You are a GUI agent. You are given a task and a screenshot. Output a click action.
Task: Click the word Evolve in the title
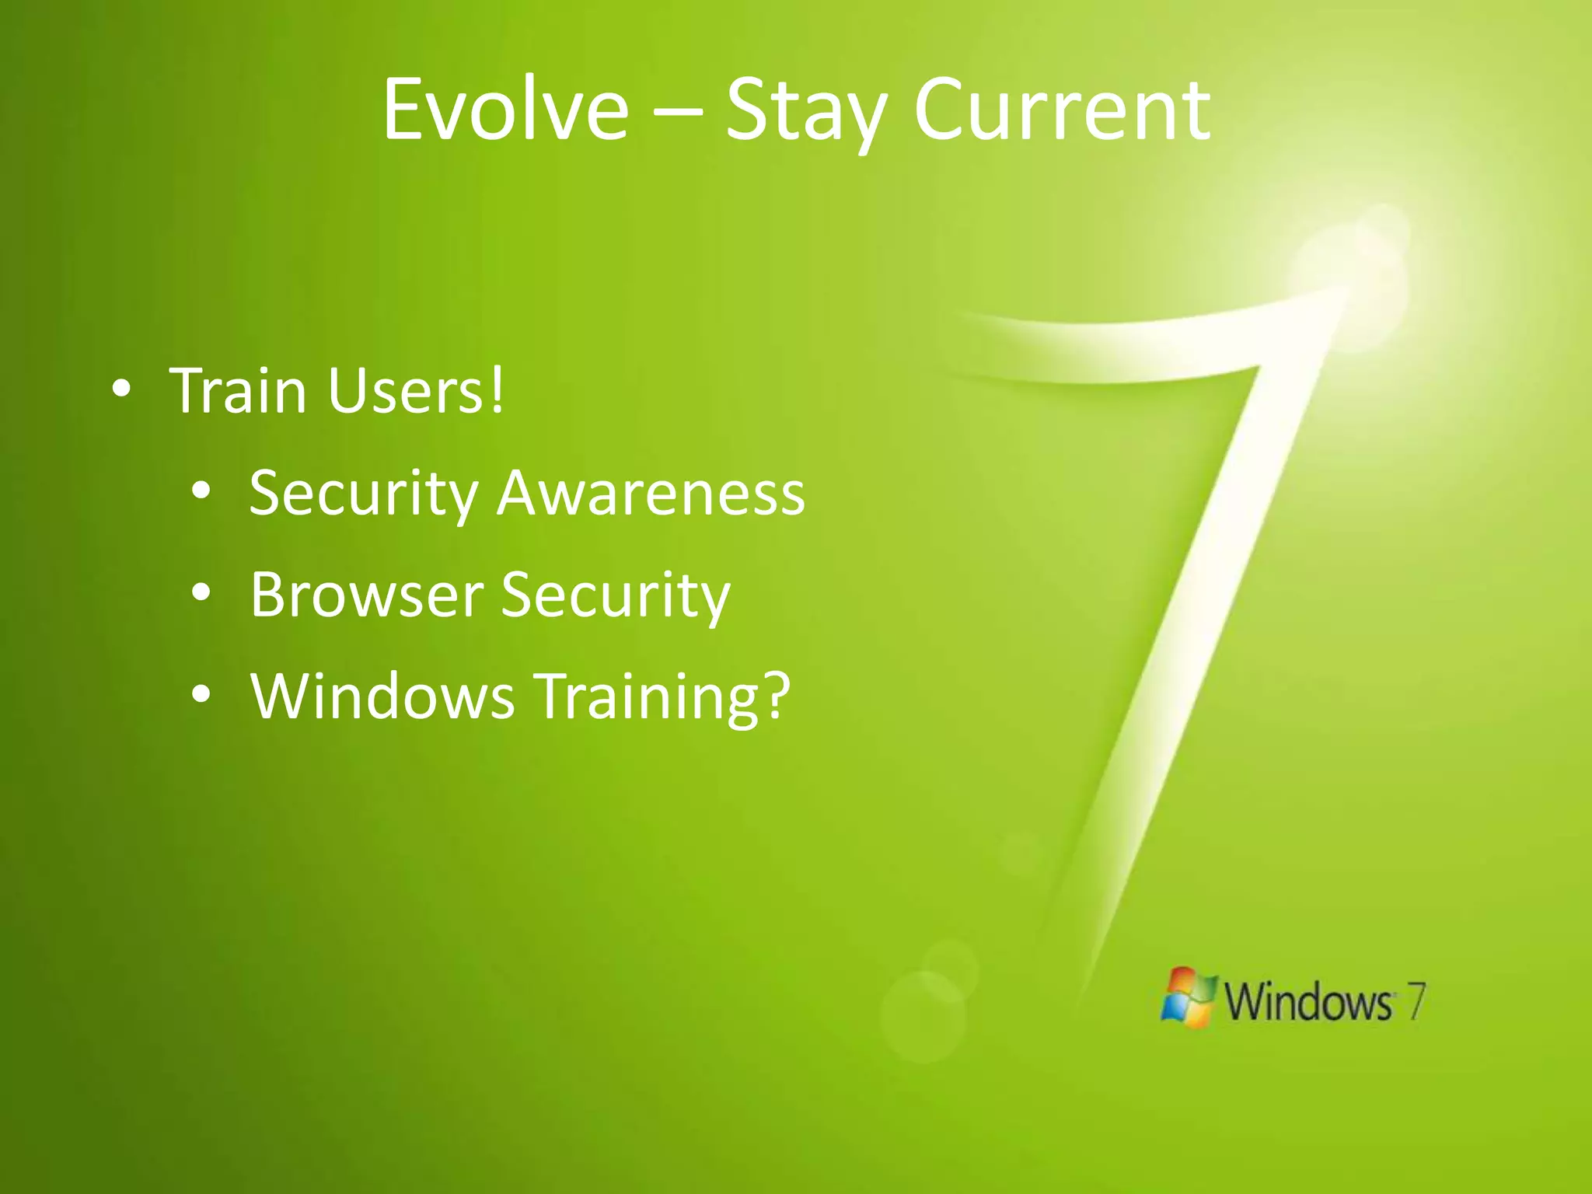pos(505,110)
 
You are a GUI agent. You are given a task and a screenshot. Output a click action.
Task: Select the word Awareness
pos(651,493)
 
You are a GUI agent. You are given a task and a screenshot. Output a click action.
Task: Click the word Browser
pos(367,595)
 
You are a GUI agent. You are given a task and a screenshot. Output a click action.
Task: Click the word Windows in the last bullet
pos(382,696)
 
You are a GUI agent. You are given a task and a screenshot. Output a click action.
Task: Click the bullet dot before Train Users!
pos(120,389)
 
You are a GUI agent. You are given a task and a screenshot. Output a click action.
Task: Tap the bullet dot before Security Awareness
pos(201,492)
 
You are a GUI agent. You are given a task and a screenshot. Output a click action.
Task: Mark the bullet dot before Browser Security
pos(201,594)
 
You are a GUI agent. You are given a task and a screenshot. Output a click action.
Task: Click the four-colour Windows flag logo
pos(1187,997)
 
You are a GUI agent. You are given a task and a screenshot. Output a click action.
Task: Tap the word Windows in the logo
pos(1308,1001)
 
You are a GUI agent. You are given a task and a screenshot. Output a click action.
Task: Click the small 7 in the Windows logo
pos(1417,1001)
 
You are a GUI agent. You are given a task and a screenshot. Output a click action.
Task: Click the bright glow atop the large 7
pos(1353,264)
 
